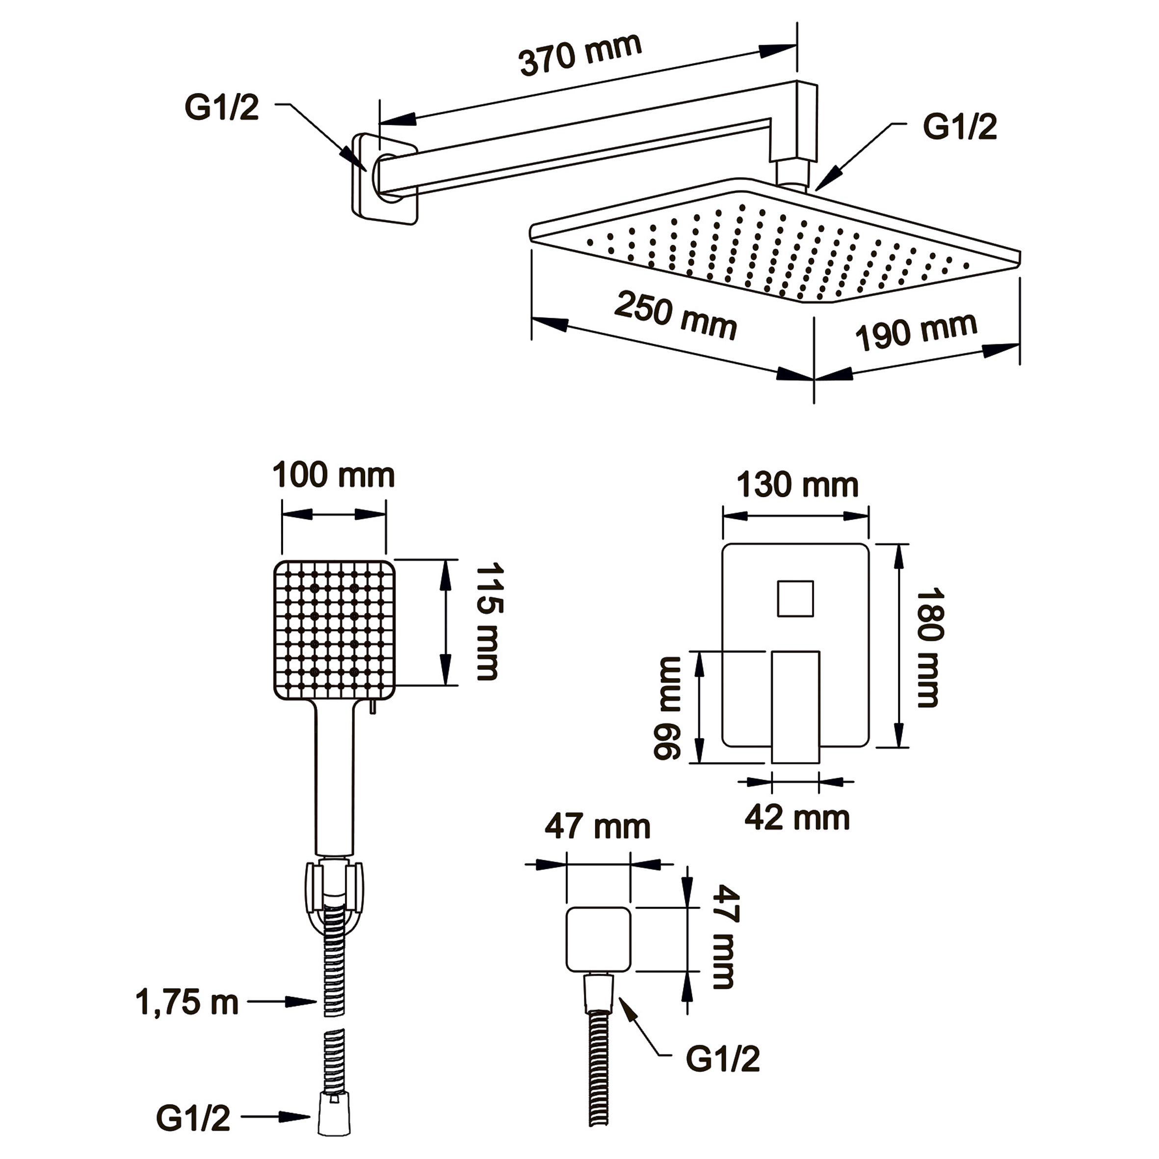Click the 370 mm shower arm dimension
[580, 55]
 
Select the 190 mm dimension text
[916, 331]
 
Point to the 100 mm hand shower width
[334, 475]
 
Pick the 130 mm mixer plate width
[797, 485]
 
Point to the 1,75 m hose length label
[187, 1002]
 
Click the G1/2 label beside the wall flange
[221, 108]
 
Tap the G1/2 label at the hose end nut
[193, 1118]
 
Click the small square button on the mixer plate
[795, 599]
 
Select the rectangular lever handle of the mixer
[795, 707]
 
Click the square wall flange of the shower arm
[385, 179]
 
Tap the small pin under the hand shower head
[373, 707]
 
